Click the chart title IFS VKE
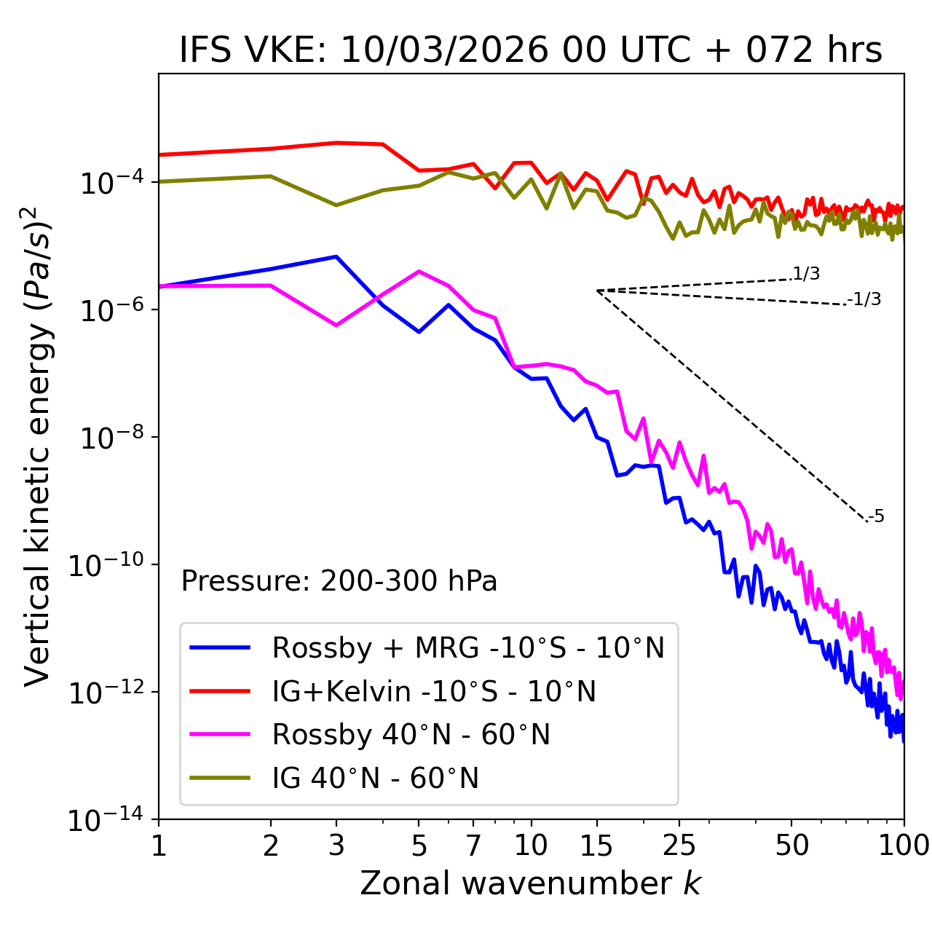[531, 51]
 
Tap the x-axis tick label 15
[596, 846]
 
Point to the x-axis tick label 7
[473, 846]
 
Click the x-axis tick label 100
[904, 846]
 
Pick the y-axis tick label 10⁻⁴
[109, 182]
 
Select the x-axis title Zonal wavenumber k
[531, 883]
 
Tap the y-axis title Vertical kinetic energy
[38, 446]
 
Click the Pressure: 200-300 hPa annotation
[339, 581]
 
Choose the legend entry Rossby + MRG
[468, 647]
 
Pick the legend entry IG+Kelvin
[434, 691]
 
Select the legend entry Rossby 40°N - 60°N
[411, 735]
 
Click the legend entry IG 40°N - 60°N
[376, 779]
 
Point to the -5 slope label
[877, 517]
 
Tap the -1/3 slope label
[865, 299]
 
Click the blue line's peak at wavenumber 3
[336, 256]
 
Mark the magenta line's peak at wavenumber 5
[419, 271]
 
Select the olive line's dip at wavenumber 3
[336, 205]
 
